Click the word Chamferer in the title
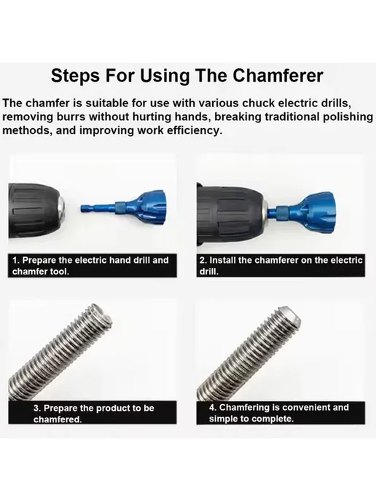278,76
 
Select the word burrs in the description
71,117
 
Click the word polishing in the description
348,117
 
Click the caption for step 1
92,266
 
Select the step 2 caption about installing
281,266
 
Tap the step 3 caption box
92,412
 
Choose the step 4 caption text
279,413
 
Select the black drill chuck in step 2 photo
231,214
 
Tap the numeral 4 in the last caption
212,407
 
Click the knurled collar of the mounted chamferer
282,211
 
